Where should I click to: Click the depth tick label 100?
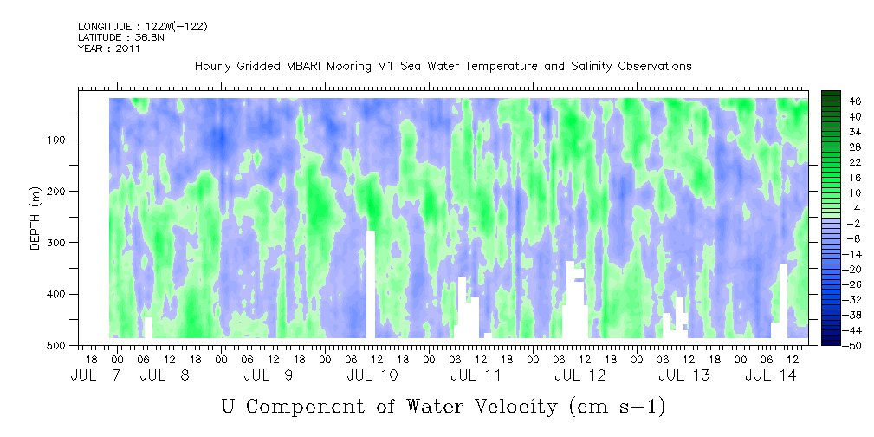pyautogui.click(x=59, y=140)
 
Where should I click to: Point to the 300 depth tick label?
pyautogui.click(x=59, y=243)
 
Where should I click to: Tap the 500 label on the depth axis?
pyautogui.click(x=59, y=346)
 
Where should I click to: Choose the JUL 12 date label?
pyautogui.click(x=579, y=375)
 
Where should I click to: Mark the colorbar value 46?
pyautogui.click(x=840, y=101)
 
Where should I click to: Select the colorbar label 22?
pyautogui.click(x=840, y=166)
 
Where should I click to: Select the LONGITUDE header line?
pyautogui.click(x=143, y=26)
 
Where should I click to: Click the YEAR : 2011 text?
pyautogui.click(x=109, y=49)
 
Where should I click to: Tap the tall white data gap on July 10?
pyautogui.click(x=371, y=284)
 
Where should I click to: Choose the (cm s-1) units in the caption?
pyautogui.click(x=618, y=408)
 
